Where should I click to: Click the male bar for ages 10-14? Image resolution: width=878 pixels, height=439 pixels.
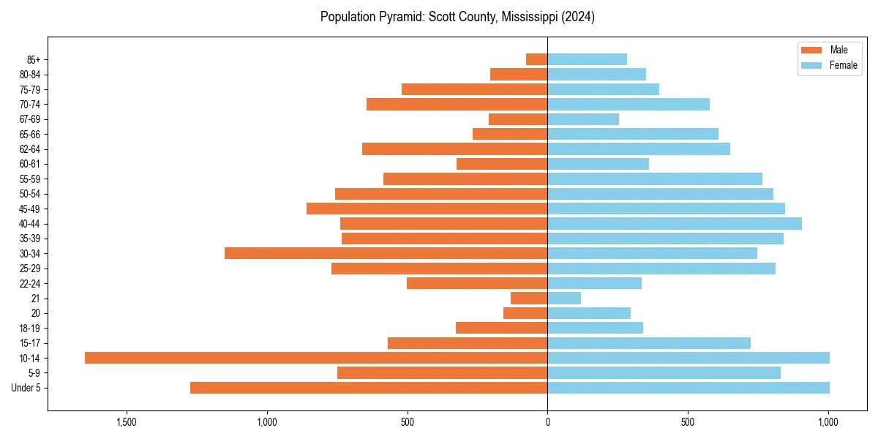[x=316, y=358]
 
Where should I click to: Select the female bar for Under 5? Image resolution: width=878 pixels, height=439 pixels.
[x=688, y=388]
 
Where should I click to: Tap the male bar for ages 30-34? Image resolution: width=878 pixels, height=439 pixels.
[x=386, y=253]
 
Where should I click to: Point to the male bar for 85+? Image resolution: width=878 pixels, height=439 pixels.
[x=537, y=59]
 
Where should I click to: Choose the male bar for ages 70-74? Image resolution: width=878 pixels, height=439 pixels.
[x=457, y=104]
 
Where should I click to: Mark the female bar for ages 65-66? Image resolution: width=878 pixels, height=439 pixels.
[x=633, y=134]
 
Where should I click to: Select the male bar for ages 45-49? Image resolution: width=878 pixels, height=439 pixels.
[x=427, y=209]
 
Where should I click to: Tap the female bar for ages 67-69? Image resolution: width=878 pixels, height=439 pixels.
[x=583, y=119]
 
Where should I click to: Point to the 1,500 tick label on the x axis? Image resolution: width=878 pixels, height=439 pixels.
[x=127, y=422]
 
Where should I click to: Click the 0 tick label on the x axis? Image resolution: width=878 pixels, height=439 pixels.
[x=547, y=422]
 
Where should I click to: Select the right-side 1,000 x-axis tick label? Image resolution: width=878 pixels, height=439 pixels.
[x=828, y=422]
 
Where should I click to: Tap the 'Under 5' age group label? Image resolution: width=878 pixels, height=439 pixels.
[x=26, y=388]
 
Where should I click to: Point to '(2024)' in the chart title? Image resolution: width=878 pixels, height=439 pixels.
[x=577, y=17]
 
